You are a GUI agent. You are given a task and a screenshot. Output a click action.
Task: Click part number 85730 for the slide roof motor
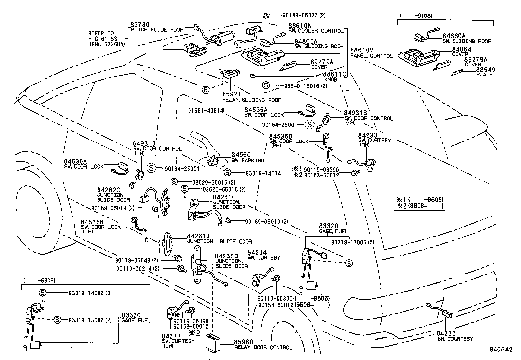(x=140, y=25)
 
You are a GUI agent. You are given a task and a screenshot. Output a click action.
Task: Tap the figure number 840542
(x=500, y=350)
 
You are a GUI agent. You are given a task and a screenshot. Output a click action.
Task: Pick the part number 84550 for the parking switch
(x=241, y=155)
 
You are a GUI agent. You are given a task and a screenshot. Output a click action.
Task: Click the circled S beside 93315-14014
(x=227, y=173)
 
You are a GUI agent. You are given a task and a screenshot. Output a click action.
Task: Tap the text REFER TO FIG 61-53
(x=101, y=36)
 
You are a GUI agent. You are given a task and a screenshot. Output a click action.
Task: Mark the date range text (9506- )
(x=313, y=305)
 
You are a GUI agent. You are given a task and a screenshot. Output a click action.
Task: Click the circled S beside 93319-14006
(x=43, y=293)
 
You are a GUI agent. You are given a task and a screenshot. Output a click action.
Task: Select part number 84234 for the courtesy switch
(x=257, y=252)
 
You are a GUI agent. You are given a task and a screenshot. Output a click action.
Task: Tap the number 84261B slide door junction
(x=198, y=236)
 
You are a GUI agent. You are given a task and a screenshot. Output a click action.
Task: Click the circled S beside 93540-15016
(x=266, y=85)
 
